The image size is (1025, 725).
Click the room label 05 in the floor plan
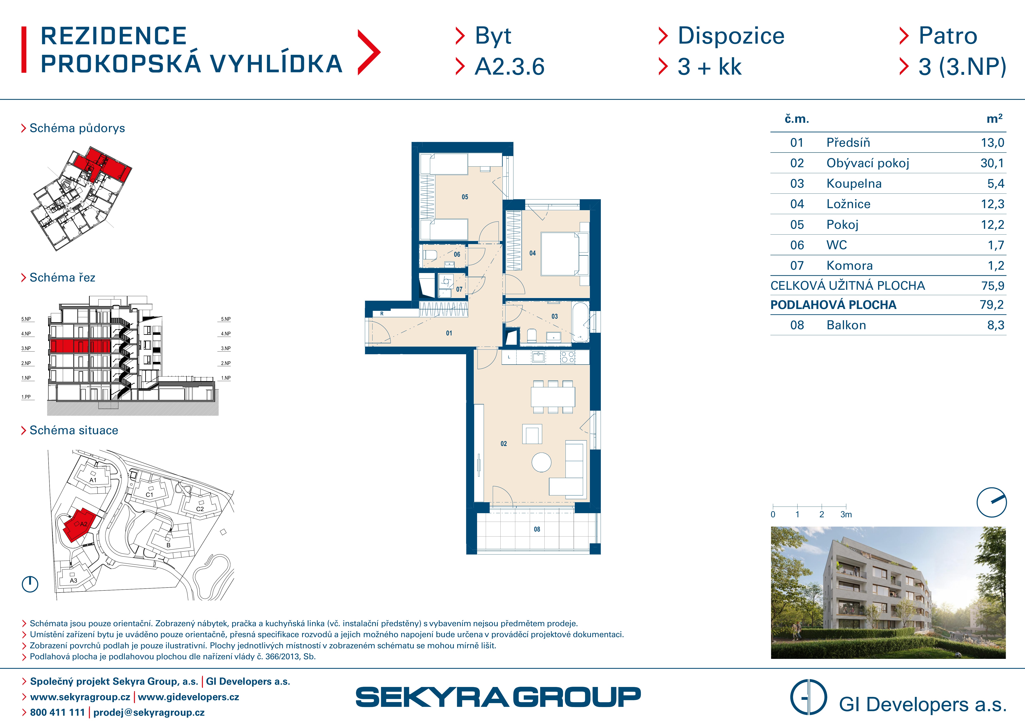pyautogui.click(x=465, y=197)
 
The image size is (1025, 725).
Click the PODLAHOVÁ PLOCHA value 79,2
pyautogui.click(x=992, y=305)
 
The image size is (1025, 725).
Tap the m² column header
pyautogui.click(x=994, y=119)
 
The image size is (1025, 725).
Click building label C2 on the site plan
pyautogui.click(x=200, y=509)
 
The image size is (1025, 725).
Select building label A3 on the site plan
pyautogui.click(x=74, y=580)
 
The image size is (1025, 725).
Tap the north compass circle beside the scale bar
pyautogui.click(x=992, y=502)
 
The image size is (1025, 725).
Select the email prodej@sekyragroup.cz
pyautogui.click(x=149, y=713)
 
